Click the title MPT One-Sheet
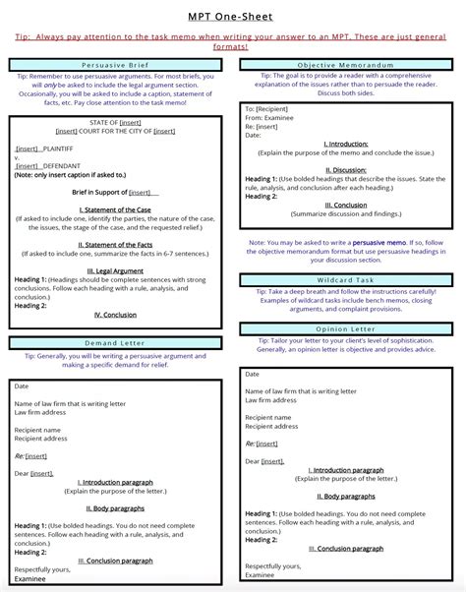[232, 17]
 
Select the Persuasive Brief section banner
[117, 64]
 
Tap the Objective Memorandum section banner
[350, 64]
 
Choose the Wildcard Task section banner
[350, 279]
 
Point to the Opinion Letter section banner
[350, 328]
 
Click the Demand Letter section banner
[117, 343]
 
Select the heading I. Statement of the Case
[116, 208]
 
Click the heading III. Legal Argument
[116, 269]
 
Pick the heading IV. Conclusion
[116, 315]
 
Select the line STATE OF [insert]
[116, 122]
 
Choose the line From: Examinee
[271, 117]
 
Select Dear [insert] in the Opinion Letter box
[264, 461]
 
